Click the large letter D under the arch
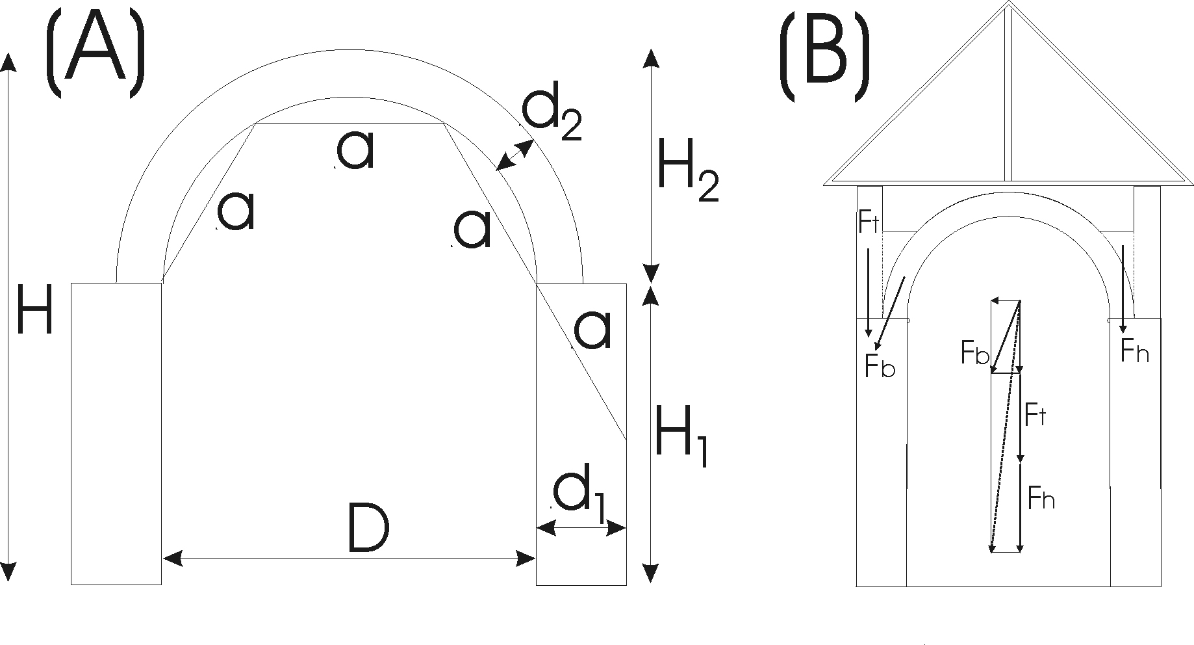point(368,528)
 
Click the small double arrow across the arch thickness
point(514,156)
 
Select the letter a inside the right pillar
point(592,330)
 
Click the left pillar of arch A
point(116,433)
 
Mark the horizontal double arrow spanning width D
point(349,557)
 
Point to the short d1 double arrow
point(581,528)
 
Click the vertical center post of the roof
point(1008,98)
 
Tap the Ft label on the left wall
point(869,222)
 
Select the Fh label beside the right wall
point(1135,352)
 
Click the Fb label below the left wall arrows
point(880,366)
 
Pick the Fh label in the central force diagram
point(1041,498)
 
